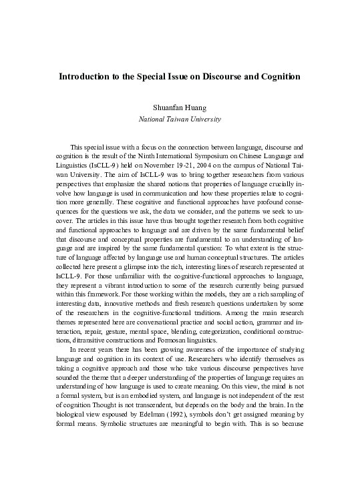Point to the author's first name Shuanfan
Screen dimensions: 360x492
pos(168,106)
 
